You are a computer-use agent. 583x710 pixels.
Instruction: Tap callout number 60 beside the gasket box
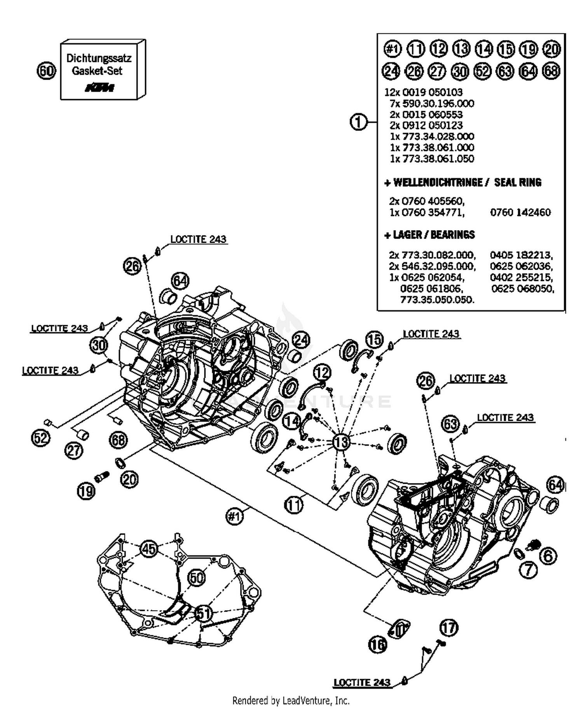[46, 71]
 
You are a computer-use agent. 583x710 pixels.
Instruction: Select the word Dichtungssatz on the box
[99, 58]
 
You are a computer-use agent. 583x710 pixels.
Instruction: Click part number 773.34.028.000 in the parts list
[432, 136]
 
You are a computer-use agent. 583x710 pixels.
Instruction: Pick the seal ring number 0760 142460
[520, 212]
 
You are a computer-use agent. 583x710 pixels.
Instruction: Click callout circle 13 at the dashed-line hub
[341, 442]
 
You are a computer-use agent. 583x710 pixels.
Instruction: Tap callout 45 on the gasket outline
[148, 549]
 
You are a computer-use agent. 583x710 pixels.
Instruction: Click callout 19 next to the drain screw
[86, 491]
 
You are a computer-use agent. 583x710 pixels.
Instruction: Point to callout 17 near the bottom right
[449, 628]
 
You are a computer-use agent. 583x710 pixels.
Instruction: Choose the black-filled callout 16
[377, 645]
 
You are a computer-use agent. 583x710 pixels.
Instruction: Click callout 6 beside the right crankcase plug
[548, 556]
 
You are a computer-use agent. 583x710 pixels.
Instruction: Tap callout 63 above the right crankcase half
[450, 424]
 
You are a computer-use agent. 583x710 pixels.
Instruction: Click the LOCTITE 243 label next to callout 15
[431, 334]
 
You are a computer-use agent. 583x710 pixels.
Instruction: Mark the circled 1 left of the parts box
[358, 122]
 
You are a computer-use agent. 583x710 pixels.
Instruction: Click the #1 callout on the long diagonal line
[234, 516]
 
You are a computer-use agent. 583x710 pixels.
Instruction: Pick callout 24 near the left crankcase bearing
[301, 340]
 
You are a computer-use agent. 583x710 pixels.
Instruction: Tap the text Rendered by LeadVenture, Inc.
[291, 700]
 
